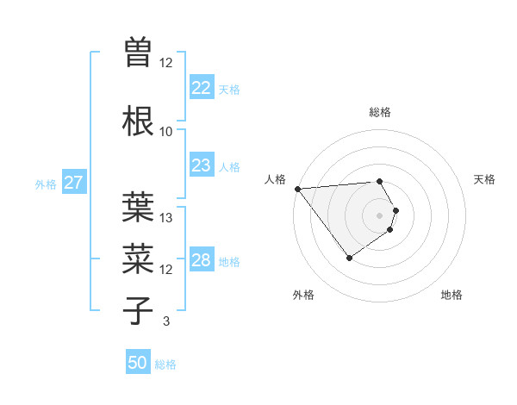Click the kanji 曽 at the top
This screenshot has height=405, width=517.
(138, 53)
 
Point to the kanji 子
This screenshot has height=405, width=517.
(138, 310)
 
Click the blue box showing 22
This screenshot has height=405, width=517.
(201, 88)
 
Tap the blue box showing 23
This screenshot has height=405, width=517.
(201, 165)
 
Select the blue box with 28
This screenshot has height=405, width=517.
(201, 260)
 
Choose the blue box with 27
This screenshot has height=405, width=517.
(73, 183)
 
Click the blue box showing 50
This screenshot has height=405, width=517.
(138, 364)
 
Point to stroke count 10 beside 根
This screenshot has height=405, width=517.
(165, 132)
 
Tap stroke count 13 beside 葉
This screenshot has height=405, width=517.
(166, 218)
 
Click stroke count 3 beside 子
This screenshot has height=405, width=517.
(165, 321)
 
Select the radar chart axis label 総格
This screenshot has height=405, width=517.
(380, 112)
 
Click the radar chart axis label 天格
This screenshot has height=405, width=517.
(484, 179)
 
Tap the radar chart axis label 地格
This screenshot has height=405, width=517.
(452, 296)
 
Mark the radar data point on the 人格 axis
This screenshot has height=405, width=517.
(297, 189)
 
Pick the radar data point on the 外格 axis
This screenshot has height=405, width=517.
(349, 258)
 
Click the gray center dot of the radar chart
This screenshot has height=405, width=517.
(380, 215)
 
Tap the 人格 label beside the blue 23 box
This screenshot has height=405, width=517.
(229, 166)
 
